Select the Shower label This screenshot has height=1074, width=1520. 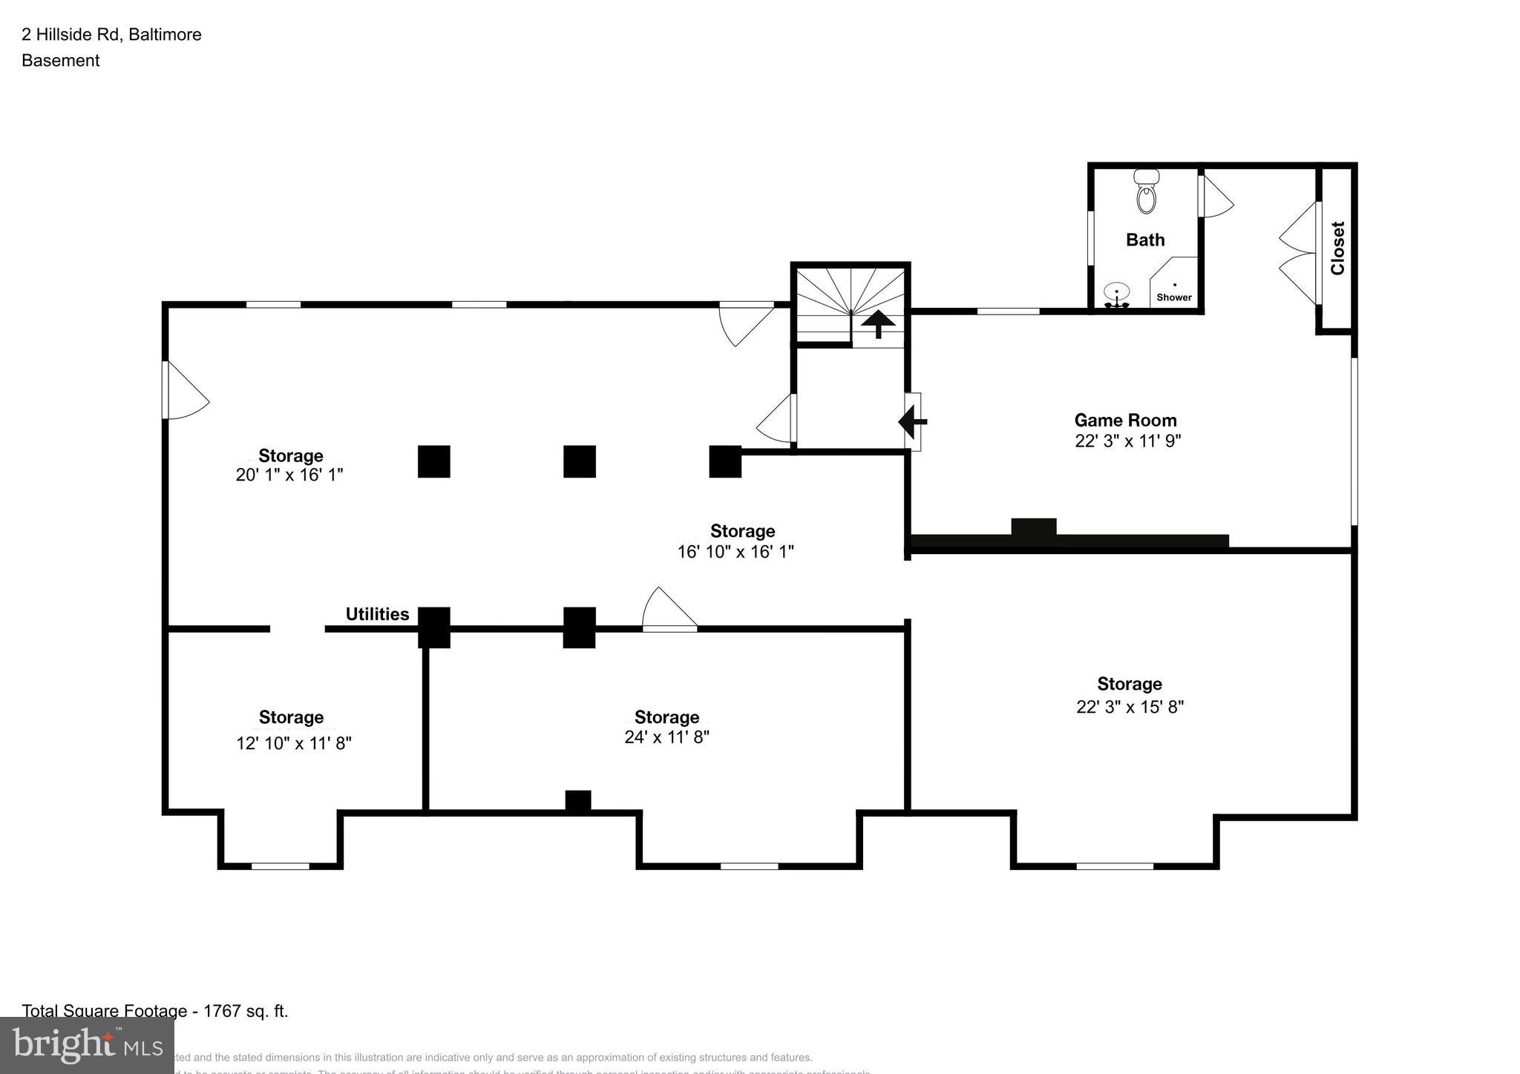coord(1174,297)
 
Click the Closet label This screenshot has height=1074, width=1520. coord(1338,248)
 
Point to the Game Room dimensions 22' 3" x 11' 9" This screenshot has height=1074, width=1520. coord(1127,441)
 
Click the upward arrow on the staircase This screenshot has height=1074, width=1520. coord(878,323)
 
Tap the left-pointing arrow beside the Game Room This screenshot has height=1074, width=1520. coord(912,422)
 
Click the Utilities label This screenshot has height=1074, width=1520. coord(377,614)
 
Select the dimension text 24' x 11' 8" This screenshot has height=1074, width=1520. coord(666,737)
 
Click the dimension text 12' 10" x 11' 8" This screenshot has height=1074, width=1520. coord(293,743)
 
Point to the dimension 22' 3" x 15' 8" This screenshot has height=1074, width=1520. coord(1130,707)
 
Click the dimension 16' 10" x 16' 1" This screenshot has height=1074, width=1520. coord(736,552)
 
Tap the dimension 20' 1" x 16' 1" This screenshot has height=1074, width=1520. coord(289,475)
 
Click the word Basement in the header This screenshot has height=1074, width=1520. coord(60,61)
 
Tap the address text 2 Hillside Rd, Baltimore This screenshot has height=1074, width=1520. coord(111,34)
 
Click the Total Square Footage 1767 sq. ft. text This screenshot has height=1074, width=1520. coord(154,1011)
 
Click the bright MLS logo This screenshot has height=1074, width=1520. coord(87,1046)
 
